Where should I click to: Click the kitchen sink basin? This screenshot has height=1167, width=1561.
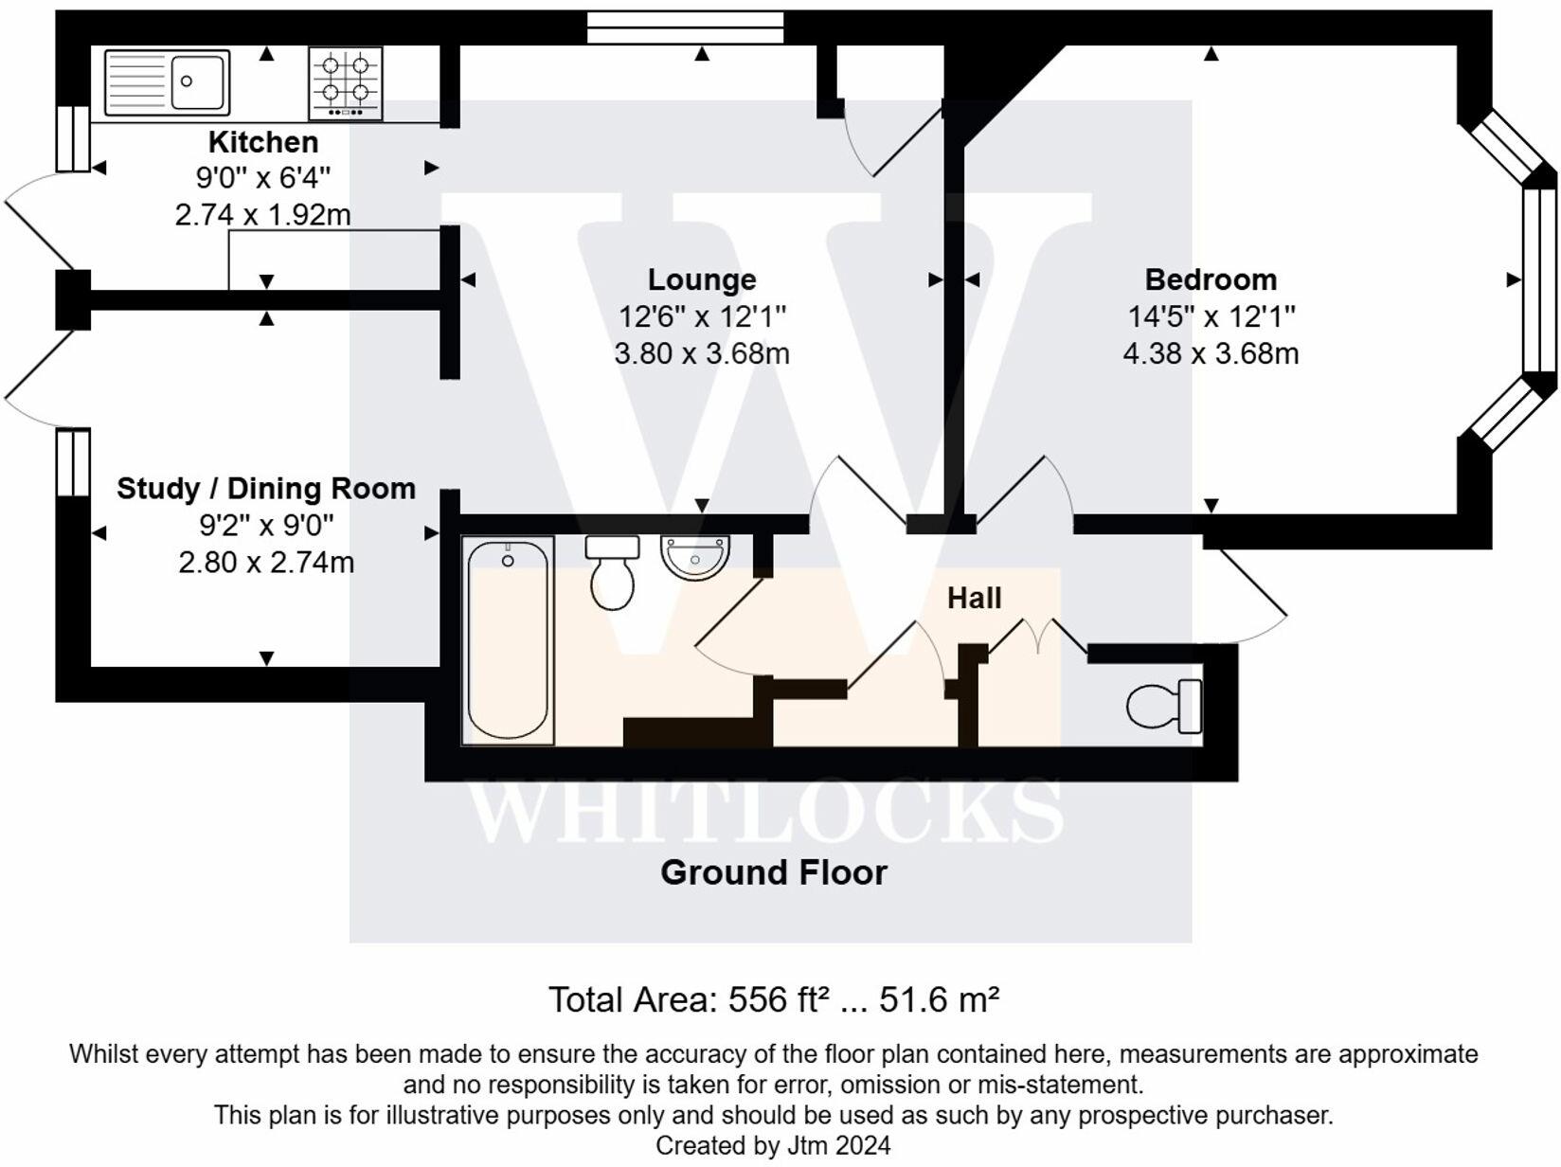click(x=200, y=81)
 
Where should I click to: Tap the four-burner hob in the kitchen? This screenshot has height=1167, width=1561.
click(x=346, y=81)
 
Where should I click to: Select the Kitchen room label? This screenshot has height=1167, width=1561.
click(x=262, y=142)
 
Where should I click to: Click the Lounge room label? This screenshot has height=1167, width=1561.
click(x=702, y=279)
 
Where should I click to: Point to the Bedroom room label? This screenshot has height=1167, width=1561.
click(x=1211, y=279)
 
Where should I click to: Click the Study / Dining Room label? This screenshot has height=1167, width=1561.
click(x=266, y=489)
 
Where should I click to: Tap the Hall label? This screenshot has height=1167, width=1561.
click(x=974, y=598)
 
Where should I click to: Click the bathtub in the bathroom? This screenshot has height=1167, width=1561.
click(x=508, y=640)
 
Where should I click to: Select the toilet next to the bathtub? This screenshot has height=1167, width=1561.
click(x=612, y=574)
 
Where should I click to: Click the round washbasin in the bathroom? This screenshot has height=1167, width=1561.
click(x=695, y=557)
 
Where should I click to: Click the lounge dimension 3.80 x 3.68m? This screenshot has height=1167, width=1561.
click(x=702, y=353)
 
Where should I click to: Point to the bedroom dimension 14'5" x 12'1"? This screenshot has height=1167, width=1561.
click(x=1211, y=316)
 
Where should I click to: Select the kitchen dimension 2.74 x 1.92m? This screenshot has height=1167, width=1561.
click(x=262, y=215)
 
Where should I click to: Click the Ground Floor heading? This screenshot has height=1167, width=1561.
click(x=773, y=872)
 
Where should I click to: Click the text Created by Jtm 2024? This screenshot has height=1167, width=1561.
click(x=773, y=1145)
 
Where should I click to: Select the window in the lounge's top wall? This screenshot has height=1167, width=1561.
click(x=685, y=27)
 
